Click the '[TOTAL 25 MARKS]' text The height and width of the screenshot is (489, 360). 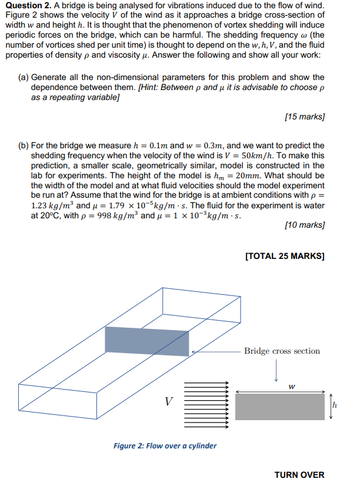pos(284,255)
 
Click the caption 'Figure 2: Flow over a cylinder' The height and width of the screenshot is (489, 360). pos(165,445)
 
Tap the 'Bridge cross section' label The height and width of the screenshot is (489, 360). pos(282,351)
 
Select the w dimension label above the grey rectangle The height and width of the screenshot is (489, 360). pos(292,387)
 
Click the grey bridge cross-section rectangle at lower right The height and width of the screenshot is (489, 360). pos(279,407)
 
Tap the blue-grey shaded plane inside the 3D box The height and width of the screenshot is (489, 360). pos(147,340)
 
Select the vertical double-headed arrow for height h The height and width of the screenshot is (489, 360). pos(330,407)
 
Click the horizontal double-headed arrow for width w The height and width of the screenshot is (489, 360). pos(280,392)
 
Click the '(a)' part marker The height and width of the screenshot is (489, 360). pos(23,78)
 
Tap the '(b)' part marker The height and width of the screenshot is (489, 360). pos(23,145)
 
